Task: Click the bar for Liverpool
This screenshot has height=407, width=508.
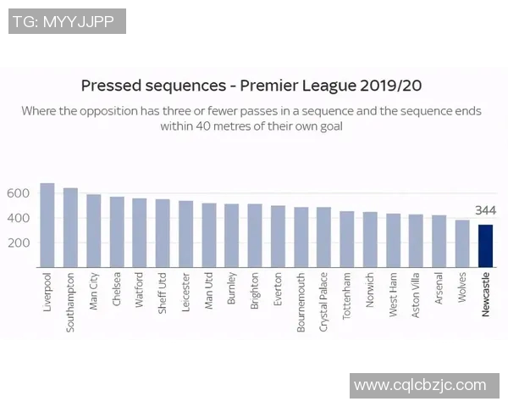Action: (47, 226)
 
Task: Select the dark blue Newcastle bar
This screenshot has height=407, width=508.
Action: (485, 246)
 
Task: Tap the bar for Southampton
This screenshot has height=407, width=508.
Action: (70, 228)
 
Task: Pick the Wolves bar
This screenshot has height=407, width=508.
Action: (462, 244)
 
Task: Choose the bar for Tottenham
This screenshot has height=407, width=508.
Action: (347, 240)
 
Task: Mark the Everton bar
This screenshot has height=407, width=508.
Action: (278, 237)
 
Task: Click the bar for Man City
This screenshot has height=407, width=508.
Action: (93, 231)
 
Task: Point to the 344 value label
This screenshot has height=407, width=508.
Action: (485, 210)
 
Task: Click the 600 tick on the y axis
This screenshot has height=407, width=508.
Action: (19, 193)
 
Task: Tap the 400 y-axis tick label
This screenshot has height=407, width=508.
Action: (19, 218)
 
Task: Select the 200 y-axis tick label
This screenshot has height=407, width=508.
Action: (19, 243)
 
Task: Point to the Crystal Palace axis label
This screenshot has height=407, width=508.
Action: (324, 302)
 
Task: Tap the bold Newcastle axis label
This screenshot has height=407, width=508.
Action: (485, 294)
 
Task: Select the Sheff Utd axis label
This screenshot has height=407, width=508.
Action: (163, 293)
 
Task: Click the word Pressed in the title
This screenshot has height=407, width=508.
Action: (114, 86)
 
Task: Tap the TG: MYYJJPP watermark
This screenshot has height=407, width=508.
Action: (67, 20)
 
